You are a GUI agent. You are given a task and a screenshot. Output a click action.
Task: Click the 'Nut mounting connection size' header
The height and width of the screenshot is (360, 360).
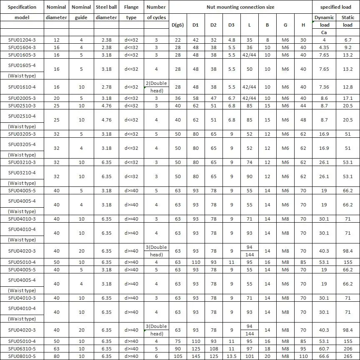point(240,7)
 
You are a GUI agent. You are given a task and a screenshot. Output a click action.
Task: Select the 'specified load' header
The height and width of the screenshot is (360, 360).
point(336,7)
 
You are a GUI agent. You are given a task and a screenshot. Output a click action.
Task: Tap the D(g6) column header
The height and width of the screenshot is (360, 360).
point(178,25)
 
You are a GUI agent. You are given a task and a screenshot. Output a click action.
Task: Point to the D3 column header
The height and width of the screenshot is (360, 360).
point(231,25)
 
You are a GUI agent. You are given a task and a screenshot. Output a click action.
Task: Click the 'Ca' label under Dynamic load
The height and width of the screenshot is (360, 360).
point(324,32)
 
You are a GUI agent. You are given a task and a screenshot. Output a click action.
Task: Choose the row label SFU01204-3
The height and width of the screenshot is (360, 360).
point(22,40)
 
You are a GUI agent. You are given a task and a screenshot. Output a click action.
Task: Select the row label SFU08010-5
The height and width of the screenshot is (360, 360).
point(22,356)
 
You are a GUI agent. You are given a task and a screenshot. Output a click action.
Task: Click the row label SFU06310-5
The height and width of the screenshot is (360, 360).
point(22,349)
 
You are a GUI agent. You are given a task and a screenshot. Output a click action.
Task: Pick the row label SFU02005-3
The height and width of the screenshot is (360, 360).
point(22,98)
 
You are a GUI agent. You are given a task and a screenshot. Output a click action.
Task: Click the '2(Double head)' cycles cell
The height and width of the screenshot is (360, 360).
point(156,87)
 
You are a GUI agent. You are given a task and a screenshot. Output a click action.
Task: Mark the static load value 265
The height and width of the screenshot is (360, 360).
point(348,356)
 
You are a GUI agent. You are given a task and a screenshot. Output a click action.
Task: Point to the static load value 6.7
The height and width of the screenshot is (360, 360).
point(348,40)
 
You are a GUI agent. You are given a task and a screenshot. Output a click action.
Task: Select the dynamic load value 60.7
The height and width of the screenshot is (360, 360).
point(324,349)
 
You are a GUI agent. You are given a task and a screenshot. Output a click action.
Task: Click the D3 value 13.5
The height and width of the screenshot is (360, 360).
point(231,356)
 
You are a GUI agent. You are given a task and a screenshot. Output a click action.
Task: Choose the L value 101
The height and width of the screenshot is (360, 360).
point(249,356)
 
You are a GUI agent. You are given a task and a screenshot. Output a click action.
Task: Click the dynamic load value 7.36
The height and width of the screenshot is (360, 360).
point(324,87)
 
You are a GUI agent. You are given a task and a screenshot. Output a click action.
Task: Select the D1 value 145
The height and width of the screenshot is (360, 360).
point(195,356)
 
